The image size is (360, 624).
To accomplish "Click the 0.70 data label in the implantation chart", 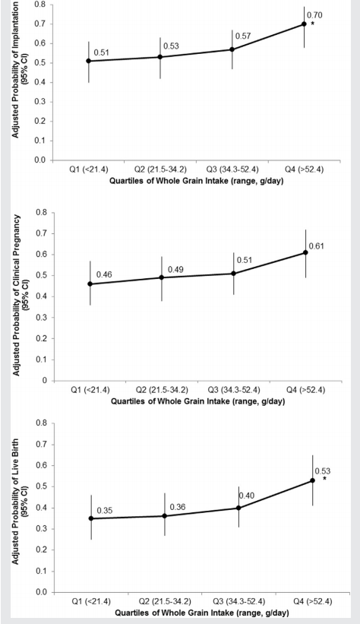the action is click(314, 15).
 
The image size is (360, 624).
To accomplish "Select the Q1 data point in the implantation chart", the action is click(89, 61).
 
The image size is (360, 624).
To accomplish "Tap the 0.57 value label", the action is click(242, 36).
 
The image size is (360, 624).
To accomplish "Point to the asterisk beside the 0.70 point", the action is click(313, 24).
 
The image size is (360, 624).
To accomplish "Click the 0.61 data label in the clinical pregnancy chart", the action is click(316, 246).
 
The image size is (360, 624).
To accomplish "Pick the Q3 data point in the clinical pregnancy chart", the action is click(233, 274).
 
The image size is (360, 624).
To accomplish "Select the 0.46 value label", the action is click(104, 274).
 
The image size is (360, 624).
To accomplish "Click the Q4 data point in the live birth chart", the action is click(312, 480).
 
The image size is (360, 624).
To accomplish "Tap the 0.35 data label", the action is click(105, 511).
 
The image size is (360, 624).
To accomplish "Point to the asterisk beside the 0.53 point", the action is click(324, 479).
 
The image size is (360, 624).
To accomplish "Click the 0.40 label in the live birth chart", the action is click(247, 496).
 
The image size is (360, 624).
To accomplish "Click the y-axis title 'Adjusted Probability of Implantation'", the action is click(14, 69).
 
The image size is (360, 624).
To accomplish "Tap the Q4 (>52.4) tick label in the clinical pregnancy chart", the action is click(306, 390).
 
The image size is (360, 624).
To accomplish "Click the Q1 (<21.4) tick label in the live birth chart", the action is click(91, 601).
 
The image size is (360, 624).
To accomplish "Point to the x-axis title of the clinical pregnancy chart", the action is click(197, 401).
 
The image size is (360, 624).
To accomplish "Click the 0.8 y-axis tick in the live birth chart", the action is click(43, 423).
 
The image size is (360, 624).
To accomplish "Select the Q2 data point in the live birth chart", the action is click(164, 516).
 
